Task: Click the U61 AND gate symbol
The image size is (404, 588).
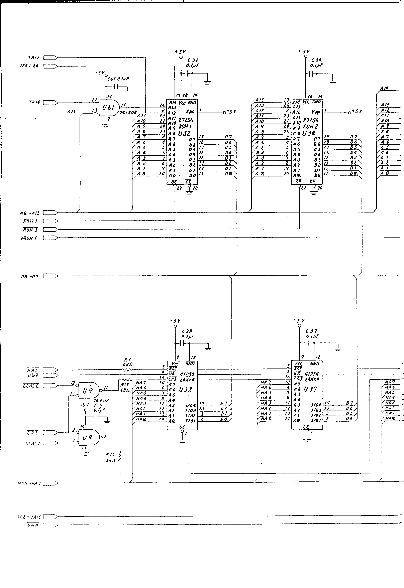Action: click(108, 108)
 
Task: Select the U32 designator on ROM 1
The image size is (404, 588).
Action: click(184, 133)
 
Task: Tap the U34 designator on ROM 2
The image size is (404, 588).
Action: click(309, 133)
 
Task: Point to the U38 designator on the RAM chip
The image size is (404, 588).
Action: click(186, 390)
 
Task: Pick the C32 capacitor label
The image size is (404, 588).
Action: click(193, 60)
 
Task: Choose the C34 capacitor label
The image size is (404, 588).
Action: click(316, 60)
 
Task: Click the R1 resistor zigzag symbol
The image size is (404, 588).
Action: click(127, 370)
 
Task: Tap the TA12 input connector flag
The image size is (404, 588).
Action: click(50, 58)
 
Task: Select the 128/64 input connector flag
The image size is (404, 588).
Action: click(50, 66)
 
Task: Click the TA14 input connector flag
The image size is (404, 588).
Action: click(50, 103)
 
